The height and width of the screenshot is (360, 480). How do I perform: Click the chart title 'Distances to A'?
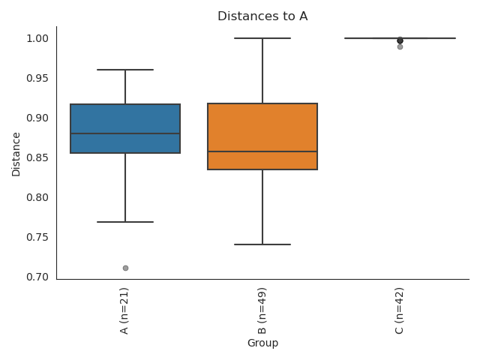pos(262,16)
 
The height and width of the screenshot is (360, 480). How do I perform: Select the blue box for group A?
pos(125,120)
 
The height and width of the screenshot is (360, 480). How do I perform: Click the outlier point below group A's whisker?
pos(125,268)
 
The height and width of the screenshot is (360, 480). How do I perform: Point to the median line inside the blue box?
pos(125,133)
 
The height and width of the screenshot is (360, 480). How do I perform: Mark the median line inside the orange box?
pos(262,151)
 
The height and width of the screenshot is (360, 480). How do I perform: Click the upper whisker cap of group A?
pos(125,70)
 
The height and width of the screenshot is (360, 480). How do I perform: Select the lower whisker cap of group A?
pos(125,222)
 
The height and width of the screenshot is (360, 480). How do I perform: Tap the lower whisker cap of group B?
pos(262,244)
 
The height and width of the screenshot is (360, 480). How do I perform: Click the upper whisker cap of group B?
pos(262,38)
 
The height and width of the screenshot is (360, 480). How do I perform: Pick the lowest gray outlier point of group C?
pos(400,46)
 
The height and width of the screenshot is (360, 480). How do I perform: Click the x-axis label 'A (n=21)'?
pos(124,310)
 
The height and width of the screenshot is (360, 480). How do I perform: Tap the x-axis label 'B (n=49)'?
pos(262,310)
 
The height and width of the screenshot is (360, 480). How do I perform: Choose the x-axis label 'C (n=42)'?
pos(399,310)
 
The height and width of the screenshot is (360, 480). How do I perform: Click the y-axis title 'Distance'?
pos(16,154)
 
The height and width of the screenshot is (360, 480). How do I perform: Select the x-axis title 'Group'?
pos(262,343)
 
